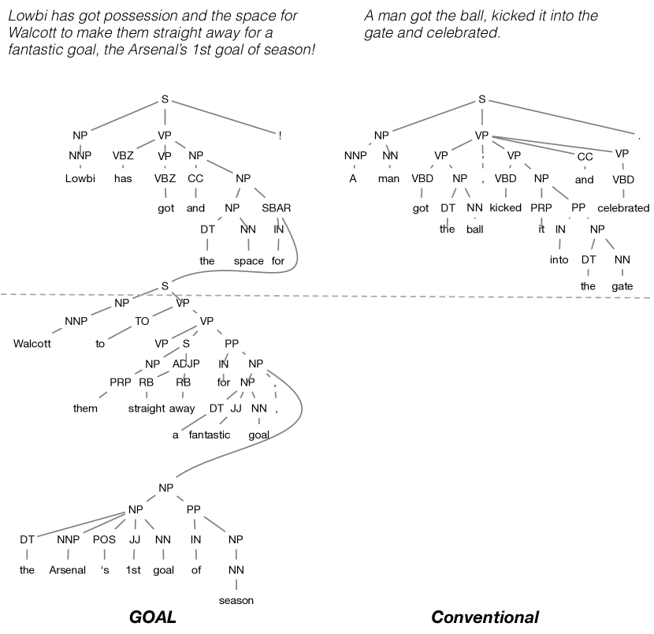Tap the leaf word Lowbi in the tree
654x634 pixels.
point(80,178)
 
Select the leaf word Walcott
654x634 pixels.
point(32,343)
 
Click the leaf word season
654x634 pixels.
point(236,601)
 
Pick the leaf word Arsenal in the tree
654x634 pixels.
point(68,570)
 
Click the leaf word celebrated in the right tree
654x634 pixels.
point(623,208)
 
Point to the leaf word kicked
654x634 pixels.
point(506,208)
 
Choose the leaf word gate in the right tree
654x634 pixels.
point(622,285)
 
